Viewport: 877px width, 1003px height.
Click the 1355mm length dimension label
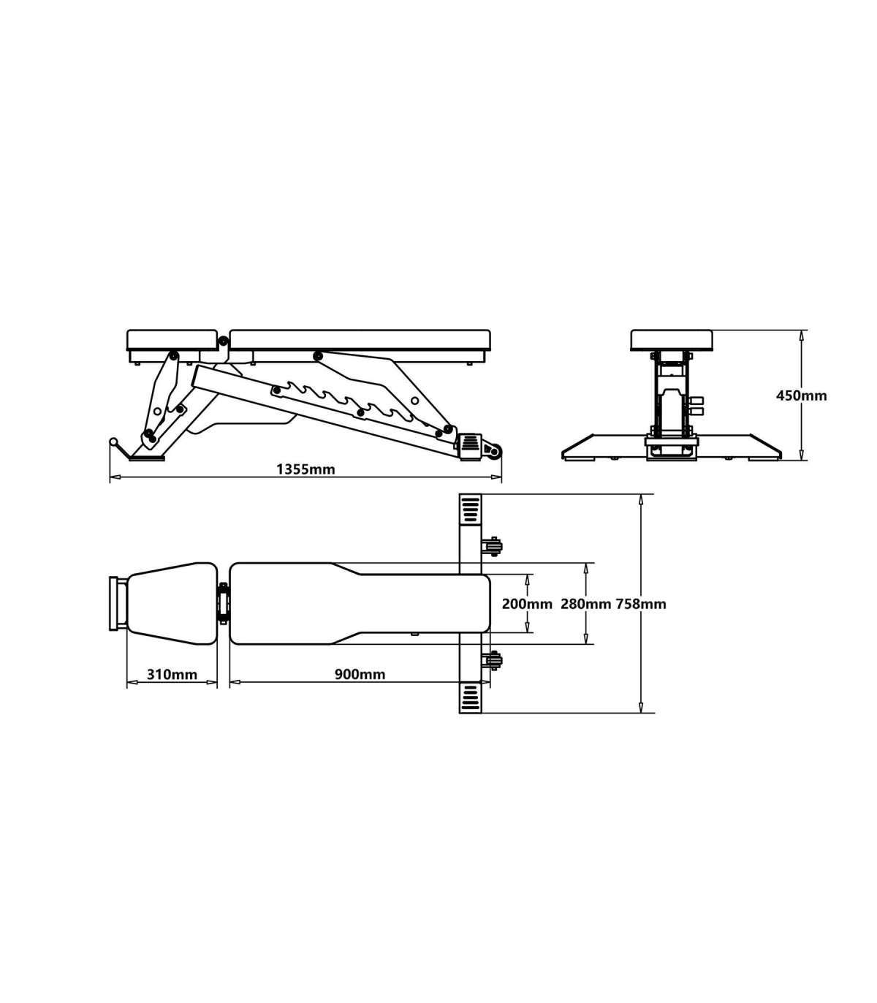[305, 469]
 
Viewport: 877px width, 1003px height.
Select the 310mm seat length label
[172, 675]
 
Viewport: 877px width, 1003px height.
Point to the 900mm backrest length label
[360, 675]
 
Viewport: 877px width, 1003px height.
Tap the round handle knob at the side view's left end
[114, 442]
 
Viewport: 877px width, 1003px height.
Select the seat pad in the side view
[172, 340]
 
